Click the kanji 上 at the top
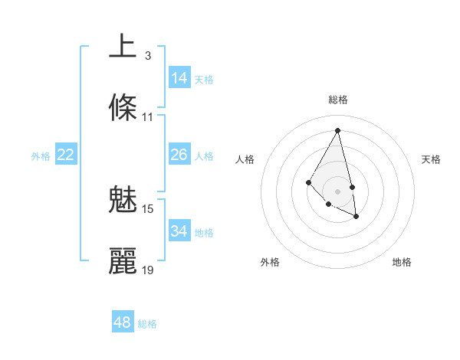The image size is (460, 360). (123, 46)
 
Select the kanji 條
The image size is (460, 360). (123, 107)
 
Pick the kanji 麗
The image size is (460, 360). (123, 260)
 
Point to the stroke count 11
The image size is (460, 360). (148, 117)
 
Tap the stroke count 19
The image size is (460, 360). (148, 270)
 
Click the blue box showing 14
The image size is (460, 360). (179, 78)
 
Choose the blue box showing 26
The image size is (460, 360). (179, 155)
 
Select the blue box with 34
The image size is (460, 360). (179, 231)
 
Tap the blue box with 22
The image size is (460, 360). (66, 155)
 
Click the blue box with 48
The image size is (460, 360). (123, 322)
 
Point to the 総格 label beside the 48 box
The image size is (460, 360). (147, 324)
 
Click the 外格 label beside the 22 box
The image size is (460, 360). (41, 156)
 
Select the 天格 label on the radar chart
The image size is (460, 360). (431, 159)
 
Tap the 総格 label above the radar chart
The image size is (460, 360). (338, 100)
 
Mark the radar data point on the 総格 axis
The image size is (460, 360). (338, 129)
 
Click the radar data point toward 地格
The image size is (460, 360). (356, 217)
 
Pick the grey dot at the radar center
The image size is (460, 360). (338, 191)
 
